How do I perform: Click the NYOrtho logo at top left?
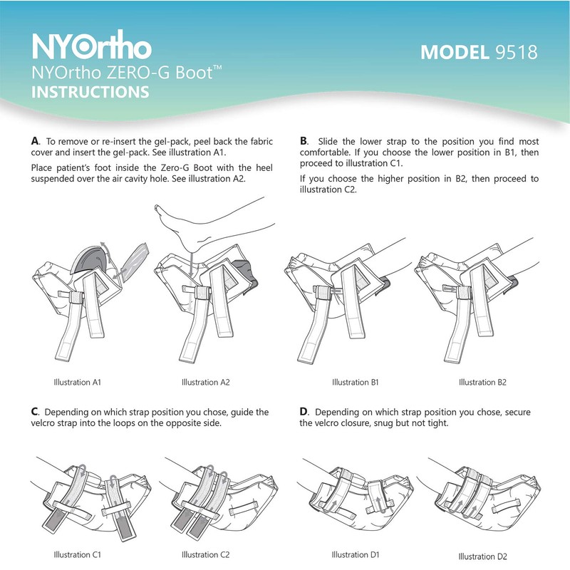(x=92, y=46)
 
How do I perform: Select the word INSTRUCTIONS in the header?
(x=90, y=93)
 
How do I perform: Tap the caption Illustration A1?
(x=78, y=383)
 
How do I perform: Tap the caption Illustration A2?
(x=205, y=383)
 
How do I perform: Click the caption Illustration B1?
(x=355, y=383)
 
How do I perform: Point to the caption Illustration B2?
(x=482, y=383)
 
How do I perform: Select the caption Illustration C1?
(x=78, y=554)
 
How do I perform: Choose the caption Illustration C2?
(x=205, y=554)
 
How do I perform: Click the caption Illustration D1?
(x=355, y=554)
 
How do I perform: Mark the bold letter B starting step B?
(x=304, y=141)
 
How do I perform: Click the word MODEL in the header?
(x=452, y=53)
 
